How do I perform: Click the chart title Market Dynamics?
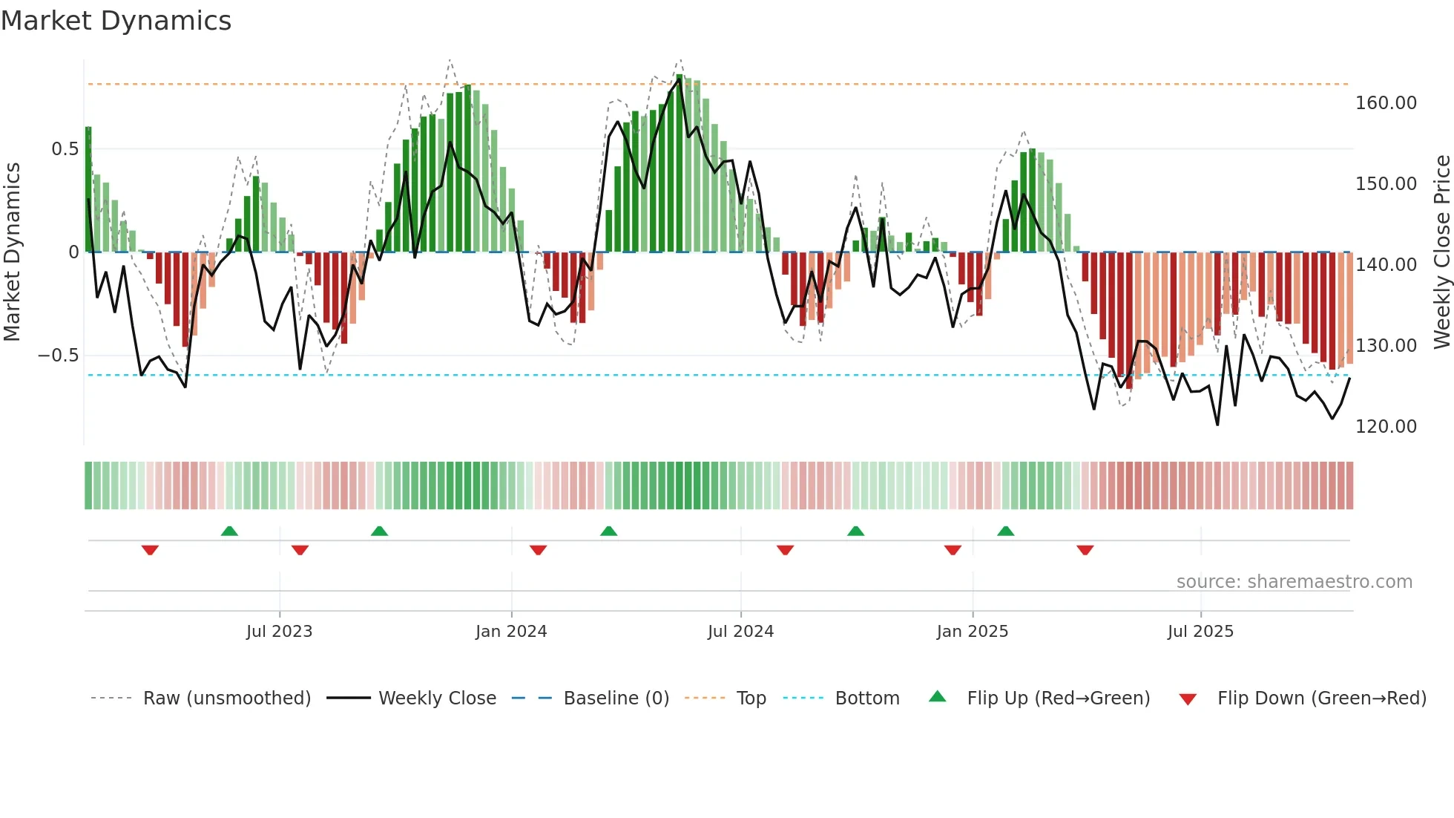[116, 21]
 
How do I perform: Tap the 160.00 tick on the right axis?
[1386, 103]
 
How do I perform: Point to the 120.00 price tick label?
[1386, 427]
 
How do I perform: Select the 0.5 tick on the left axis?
[65, 149]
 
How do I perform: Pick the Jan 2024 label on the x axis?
[511, 632]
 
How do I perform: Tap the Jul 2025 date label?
[1200, 632]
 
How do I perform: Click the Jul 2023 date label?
[280, 632]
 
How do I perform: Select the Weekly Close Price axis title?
[1441, 252]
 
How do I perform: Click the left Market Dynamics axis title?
[12, 252]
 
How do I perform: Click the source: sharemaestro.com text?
[1294, 582]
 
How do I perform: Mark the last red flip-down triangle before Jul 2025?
[1085, 550]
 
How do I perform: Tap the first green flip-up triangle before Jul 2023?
[229, 531]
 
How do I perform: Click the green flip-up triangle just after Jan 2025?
[1005, 531]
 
